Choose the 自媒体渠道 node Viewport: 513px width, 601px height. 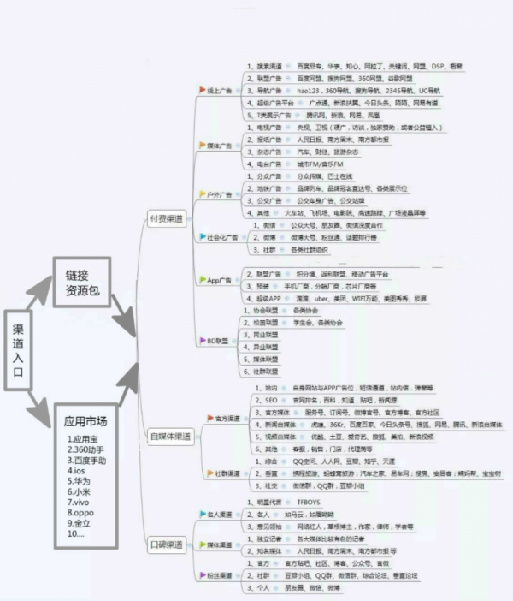tap(169, 437)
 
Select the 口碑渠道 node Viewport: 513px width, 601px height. tap(166, 544)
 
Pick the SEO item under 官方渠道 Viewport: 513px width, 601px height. tap(269, 400)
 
